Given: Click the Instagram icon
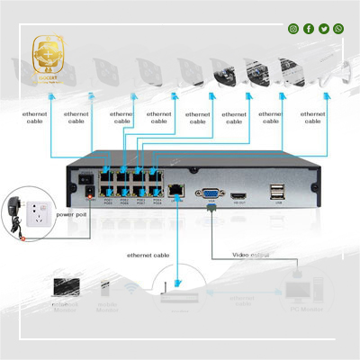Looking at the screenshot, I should (293, 29).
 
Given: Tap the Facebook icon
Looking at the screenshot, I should (309, 29).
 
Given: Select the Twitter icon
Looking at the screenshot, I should (324, 29).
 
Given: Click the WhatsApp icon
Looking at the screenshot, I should (338, 29).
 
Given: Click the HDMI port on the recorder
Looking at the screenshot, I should (238, 194).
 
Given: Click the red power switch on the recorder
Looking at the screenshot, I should (88, 192).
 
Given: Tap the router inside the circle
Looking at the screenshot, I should (177, 293).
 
